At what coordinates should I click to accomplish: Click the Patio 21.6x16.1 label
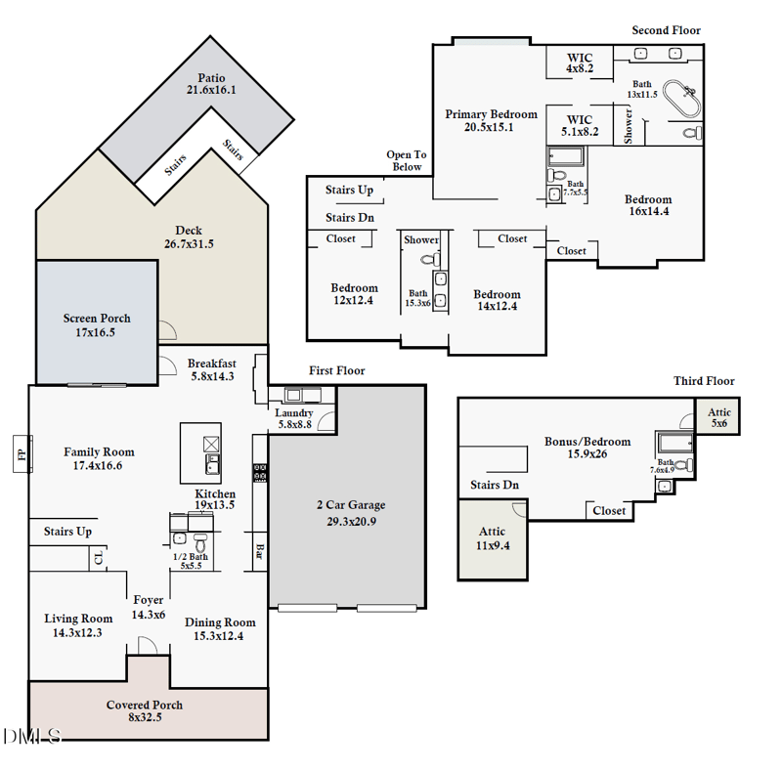pos(211,84)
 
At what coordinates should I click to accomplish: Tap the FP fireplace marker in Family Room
pos(22,454)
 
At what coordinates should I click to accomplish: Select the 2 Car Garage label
pos(350,513)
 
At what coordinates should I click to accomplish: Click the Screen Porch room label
pos(97,325)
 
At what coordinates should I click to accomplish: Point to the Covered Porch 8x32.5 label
pos(145,711)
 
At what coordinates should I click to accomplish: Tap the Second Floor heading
pos(666,30)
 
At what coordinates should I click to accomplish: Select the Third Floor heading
pos(704,381)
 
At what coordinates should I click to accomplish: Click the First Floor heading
pos(337,371)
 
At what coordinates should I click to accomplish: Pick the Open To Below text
pos(407,160)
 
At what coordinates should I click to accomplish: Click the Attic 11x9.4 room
pos(492,538)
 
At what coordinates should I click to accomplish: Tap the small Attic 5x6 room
pos(718,418)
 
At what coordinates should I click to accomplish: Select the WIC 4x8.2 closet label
pos(580,64)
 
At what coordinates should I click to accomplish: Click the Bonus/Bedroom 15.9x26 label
pos(587,448)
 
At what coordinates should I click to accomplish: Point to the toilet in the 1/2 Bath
pos(200,541)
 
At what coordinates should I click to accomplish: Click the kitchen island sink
pos(212,461)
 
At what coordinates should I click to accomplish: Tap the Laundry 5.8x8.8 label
pos(294,418)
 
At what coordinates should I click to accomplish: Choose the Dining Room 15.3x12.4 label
pos(220,628)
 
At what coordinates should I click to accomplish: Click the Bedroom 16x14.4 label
pos(648,206)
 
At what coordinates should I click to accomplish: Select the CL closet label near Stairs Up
pos(98,558)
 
